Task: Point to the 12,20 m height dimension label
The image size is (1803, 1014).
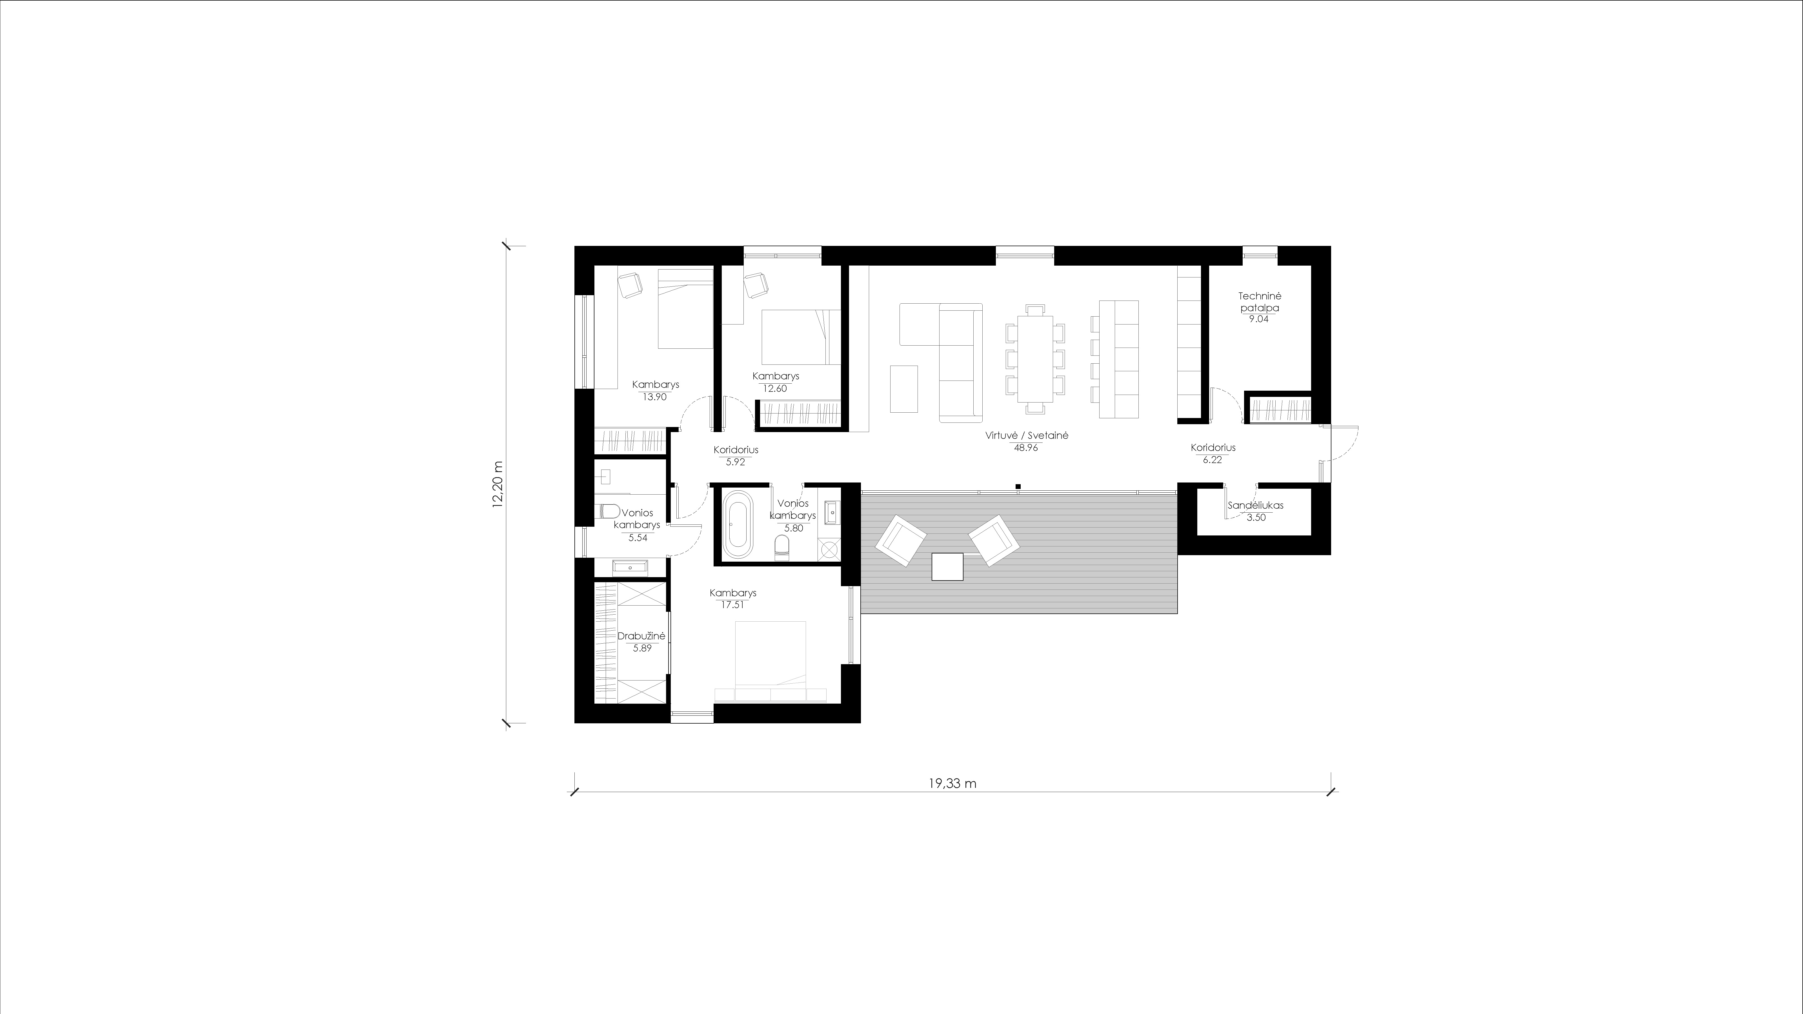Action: coord(498,484)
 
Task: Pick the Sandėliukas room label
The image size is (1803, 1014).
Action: coord(1256,505)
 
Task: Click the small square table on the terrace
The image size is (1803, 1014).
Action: coord(948,567)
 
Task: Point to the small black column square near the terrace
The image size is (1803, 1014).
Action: coord(1018,486)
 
